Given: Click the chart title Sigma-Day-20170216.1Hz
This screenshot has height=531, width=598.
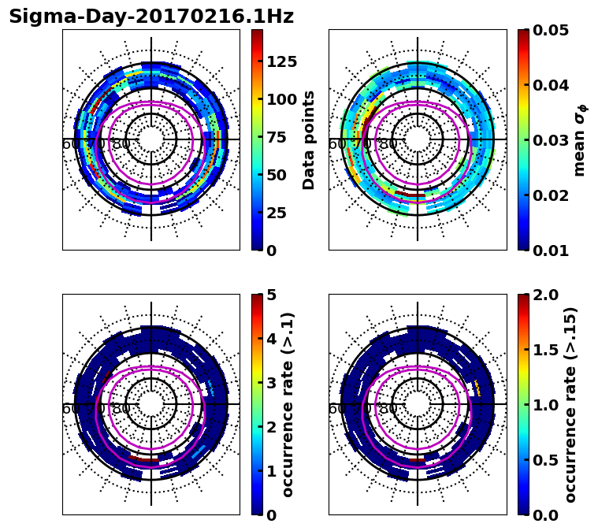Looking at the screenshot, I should (151, 17).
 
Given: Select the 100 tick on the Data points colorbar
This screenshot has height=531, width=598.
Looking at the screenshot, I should (281, 99).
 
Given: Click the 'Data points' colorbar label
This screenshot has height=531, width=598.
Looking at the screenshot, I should (309, 139).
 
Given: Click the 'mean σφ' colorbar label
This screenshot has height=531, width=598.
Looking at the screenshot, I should (580, 139).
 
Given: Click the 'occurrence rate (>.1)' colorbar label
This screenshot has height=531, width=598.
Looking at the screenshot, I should (288, 404).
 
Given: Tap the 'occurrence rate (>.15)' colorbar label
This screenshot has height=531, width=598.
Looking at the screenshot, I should (570, 404).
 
